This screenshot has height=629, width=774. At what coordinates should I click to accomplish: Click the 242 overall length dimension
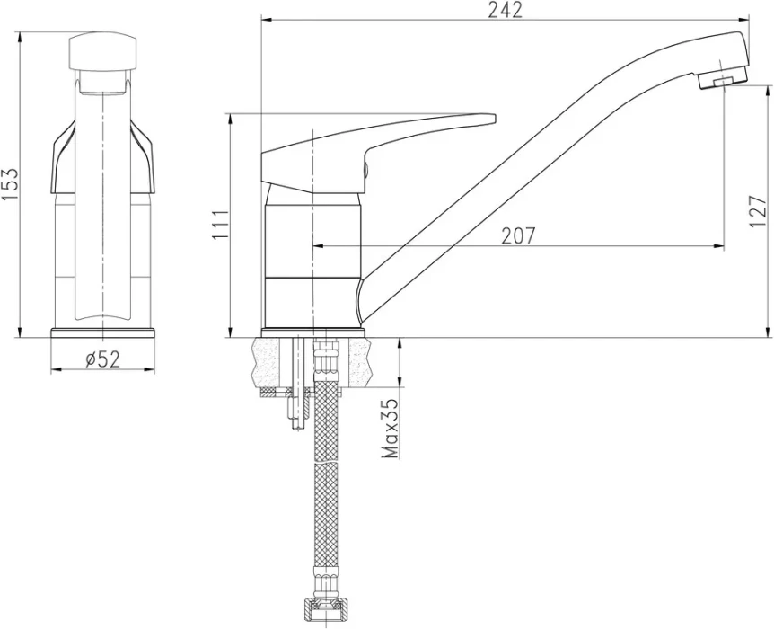click(x=505, y=10)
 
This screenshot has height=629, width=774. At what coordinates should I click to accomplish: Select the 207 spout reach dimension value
click(x=518, y=235)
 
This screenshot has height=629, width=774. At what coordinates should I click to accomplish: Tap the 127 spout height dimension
click(x=758, y=211)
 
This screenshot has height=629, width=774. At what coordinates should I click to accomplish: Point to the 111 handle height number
click(x=221, y=225)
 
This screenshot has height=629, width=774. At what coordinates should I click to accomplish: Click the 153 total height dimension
click(x=10, y=184)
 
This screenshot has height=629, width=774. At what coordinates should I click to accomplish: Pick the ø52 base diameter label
click(x=102, y=359)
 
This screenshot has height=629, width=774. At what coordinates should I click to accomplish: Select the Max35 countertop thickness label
click(x=391, y=429)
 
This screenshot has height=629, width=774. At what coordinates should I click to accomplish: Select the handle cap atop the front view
click(x=102, y=49)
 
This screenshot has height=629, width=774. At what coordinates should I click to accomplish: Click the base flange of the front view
click(x=102, y=332)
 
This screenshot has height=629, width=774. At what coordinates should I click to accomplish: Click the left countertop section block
click(x=272, y=363)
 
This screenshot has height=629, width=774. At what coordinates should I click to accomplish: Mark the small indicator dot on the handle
click(x=365, y=170)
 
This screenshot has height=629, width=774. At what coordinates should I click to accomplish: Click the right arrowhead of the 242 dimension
click(x=745, y=21)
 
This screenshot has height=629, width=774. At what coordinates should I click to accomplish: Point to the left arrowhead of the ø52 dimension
click(x=57, y=369)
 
